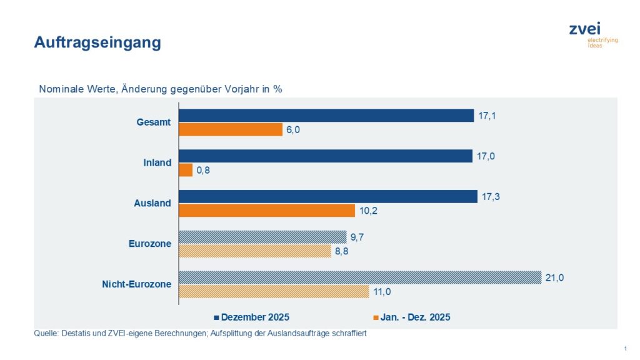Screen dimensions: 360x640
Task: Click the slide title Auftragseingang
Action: (97, 42)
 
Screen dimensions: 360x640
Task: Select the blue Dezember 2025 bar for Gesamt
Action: (326, 116)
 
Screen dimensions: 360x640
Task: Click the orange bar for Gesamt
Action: (231, 129)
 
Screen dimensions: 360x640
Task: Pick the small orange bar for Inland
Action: (186, 170)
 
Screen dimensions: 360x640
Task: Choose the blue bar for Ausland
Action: (328, 197)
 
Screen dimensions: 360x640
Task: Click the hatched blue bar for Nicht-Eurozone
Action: (360, 277)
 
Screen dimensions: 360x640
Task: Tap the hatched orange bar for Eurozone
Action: (255, 251)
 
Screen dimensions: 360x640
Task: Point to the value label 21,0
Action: (555, 277)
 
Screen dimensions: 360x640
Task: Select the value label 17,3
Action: (491, 197)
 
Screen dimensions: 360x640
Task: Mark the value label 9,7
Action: (359, 237)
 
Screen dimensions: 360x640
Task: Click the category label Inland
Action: (157, 163)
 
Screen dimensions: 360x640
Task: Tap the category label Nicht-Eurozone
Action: (137, 284)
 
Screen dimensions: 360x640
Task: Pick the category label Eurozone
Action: (146, 244)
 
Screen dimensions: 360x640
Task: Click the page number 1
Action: (625, 348)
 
